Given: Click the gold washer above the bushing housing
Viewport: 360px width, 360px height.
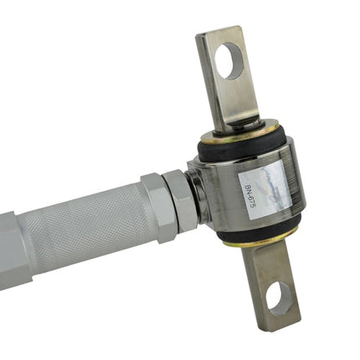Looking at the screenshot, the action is coord(240,132).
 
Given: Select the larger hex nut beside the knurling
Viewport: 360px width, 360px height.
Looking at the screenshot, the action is coord(158,208).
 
